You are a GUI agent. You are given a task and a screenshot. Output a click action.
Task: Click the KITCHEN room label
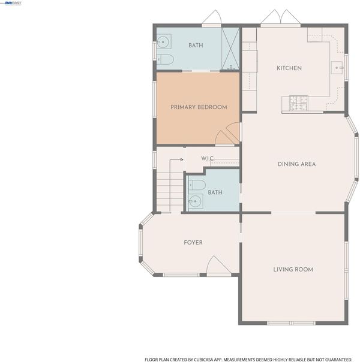[289, 68]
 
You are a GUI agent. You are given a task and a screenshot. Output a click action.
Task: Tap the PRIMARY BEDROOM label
[199, 107]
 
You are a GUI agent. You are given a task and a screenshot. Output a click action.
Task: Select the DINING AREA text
[296, 164]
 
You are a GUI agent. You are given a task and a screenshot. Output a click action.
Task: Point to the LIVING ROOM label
[293, 270]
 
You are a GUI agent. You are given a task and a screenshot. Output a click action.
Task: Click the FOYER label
[193, 242]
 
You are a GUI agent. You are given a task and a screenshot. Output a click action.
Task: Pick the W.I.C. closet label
[208, 158]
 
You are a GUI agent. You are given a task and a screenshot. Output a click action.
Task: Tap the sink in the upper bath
[164, 41]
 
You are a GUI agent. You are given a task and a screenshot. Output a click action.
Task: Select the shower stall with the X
[230, 49]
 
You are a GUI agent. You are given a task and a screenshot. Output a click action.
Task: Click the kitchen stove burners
[299, 102]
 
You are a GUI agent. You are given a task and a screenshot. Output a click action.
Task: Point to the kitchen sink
[337, 68]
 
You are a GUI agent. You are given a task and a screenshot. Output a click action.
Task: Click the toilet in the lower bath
[197, 185]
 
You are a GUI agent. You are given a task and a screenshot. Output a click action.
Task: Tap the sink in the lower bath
[196, 201]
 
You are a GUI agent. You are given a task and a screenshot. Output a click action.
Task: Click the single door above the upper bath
[212, 17]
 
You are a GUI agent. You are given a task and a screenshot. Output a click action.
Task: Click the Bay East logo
[13, 3]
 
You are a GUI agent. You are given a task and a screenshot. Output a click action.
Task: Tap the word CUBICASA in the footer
[204, 360]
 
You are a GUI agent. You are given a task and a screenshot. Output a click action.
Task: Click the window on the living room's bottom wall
[291, 323]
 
